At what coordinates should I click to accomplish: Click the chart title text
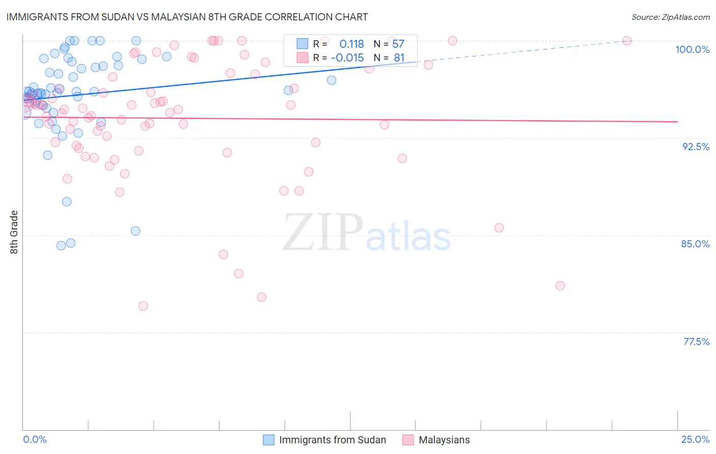tap(187, 17)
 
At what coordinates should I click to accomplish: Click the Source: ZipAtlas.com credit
tap(670, 17)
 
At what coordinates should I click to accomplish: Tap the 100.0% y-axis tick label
tap(692, 49)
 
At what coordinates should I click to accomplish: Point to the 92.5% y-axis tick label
tap(696, 147)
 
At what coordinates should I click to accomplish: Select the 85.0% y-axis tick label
tap(695, 244)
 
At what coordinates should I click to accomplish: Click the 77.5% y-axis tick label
tap(696, 342)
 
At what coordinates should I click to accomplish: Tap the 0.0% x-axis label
tap(35, 439)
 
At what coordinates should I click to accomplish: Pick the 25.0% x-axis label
tap(695, 439)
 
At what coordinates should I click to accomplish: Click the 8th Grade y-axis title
tap(14, 232)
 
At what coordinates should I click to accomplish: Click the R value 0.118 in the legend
tap(351, 44)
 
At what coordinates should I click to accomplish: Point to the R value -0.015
tap(347, 58)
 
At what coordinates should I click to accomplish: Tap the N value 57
tap(398, 44)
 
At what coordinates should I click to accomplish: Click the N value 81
tap(399, 58)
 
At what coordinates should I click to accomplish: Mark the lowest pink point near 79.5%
tap(143, 306)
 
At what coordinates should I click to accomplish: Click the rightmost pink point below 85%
tap(560, 286)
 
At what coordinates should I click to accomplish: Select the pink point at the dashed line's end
tap(627, 41)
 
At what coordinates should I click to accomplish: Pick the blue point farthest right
tap(332, 80)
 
